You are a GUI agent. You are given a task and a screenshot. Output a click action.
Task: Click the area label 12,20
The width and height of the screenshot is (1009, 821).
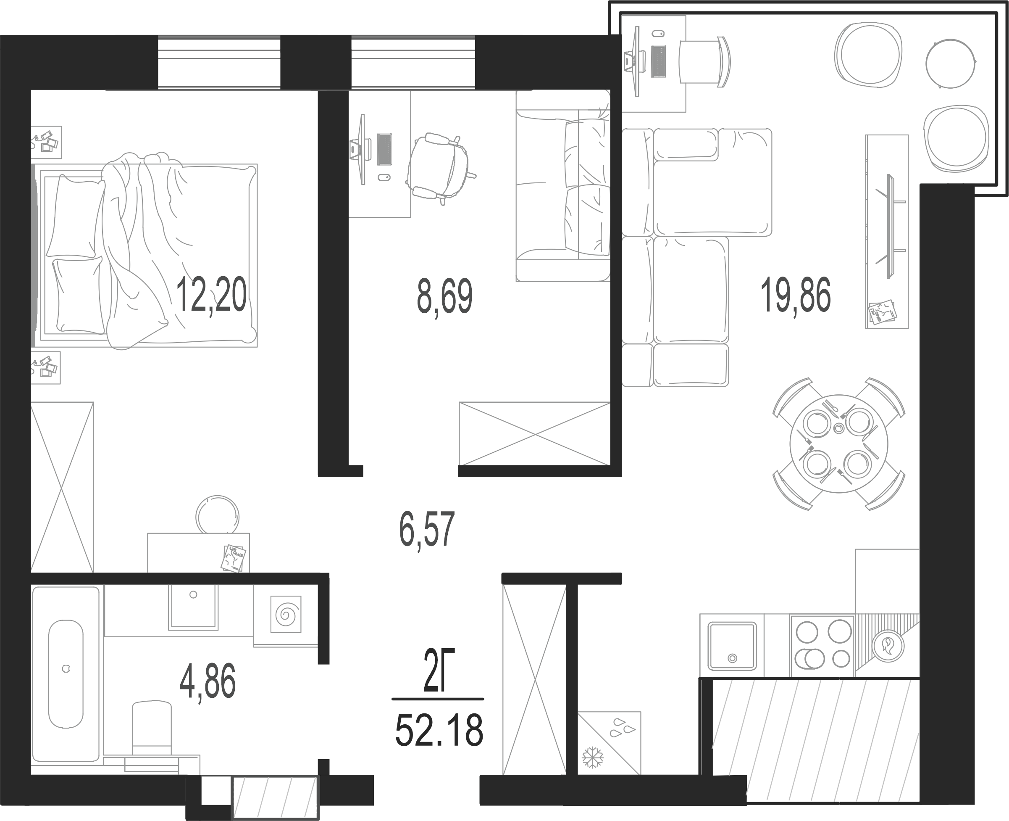coord(211,295)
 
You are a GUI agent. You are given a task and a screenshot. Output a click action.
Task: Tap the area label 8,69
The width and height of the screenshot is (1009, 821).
coord(444,296)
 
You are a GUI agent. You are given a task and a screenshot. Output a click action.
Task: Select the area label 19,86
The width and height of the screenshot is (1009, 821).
coord(795,295)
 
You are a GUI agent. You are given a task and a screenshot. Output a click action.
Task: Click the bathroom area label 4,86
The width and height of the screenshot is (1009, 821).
coord(208,681)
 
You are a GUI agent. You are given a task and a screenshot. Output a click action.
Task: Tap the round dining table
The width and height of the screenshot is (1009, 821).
coord(839,443)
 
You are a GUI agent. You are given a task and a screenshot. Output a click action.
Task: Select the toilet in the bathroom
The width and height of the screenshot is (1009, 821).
coord(152,732)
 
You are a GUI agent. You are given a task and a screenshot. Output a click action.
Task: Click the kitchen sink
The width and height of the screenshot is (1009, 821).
coord(732,646)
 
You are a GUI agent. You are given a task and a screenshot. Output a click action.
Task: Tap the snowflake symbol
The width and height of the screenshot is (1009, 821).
coord(593,758)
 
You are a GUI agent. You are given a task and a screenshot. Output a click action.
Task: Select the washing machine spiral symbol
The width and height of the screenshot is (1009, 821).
coord(286,614)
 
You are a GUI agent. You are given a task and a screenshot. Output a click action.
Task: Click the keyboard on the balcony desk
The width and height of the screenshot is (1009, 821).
coord(658,61)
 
